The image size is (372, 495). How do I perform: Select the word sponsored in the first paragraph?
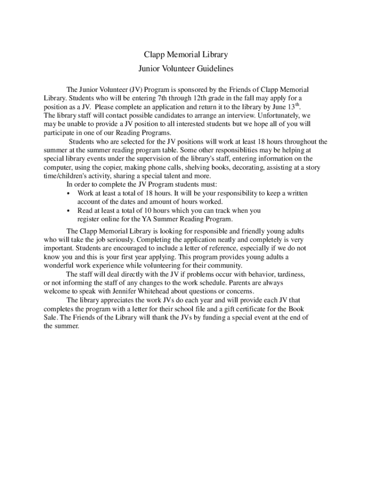198,89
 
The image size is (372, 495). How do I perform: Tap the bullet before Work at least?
69,193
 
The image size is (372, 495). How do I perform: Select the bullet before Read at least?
69,211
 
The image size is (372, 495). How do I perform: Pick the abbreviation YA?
160,219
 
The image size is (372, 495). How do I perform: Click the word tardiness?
289,274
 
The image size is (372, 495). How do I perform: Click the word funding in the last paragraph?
209,317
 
